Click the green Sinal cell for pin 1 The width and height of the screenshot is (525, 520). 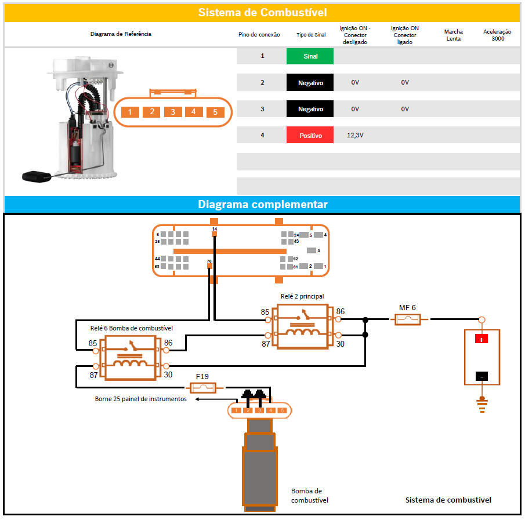click(x=310, y=56)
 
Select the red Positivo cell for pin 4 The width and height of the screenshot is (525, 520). click(x=310, y=135)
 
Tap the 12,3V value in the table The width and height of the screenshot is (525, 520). click(x=356, y=135)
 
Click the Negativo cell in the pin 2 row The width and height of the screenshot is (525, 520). click(x=310, y=83)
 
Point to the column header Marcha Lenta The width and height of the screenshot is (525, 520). click(x=453, y=35)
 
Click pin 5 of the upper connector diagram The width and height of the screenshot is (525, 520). click(x=215, y=112)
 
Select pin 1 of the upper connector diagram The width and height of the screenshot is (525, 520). click(x=130, y=112)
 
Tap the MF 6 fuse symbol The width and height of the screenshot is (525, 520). click(x=407, y=319)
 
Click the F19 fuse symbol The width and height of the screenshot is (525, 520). click(x=202, y=387)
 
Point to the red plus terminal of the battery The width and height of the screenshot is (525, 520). click(x=481, y=339)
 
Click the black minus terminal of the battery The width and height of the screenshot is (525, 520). click(x=481, y=376)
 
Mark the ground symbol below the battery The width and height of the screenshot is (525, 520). click(x=481, y=404)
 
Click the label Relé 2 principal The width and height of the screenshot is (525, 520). click(x=302, y=296)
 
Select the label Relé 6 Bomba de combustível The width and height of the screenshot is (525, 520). click(x=131, y=328)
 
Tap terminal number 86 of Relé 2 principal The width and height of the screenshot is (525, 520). click(x=340, y=311)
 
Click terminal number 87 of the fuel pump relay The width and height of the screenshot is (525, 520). click(x=93, y=375)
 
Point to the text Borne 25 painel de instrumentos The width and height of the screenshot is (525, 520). click(x=140, y=399)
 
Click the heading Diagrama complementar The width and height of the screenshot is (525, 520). click(x=262, y=205)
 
